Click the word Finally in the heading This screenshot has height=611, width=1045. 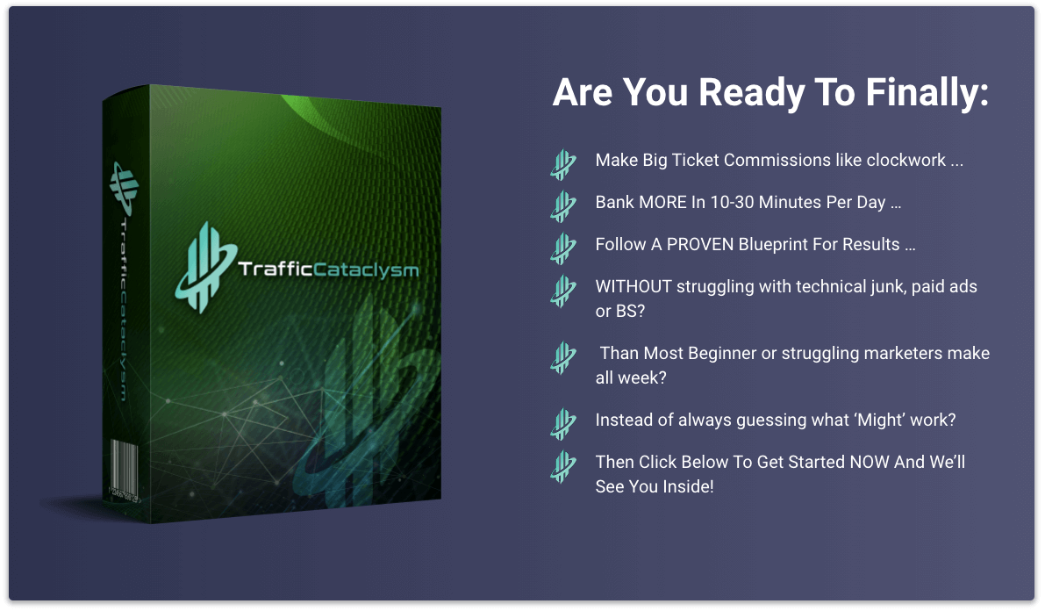click(927, 93)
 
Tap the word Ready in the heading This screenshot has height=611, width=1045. click(750, 93)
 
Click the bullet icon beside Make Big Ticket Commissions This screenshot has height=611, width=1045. click(563, 164)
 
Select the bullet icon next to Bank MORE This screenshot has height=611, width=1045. click(563, 206)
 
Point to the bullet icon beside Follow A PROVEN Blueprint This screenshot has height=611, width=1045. click(563, 248)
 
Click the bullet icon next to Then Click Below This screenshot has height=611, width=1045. click(563, 465)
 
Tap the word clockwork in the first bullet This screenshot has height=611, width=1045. click(905, 160)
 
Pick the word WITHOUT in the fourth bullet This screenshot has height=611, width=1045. click(633, 286)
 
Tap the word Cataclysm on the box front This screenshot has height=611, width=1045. click(366, 270)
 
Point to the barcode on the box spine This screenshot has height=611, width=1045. click(125, 471)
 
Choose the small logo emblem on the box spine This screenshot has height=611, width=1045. click(124, 188)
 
